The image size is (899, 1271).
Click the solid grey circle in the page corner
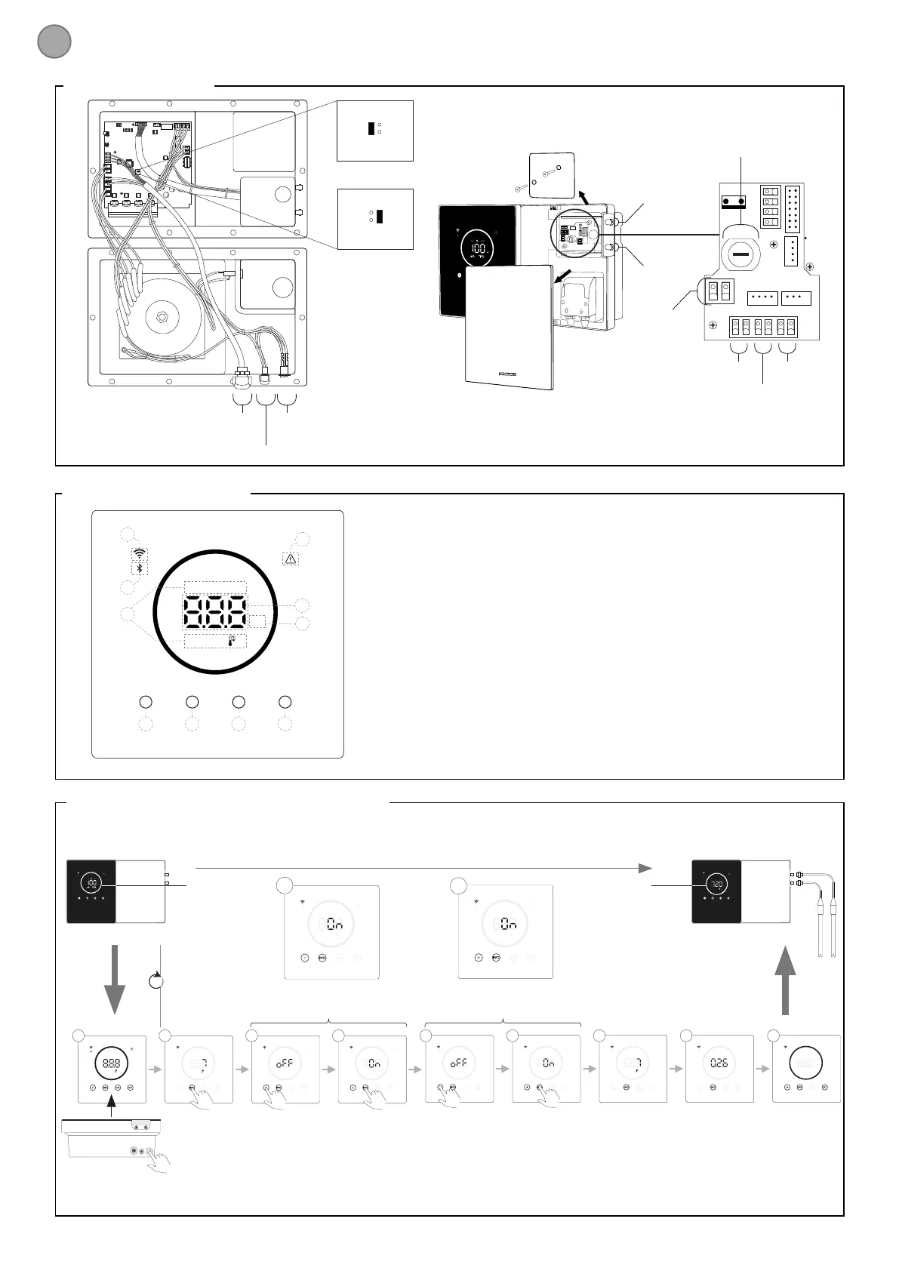tap(54, 42)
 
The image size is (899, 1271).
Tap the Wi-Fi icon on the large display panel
tap(139, 552)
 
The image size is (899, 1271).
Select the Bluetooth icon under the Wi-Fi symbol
tap(139, 568)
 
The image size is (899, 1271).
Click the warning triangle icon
tap(291, 559)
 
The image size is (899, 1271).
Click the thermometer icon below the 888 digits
tap(232, 642)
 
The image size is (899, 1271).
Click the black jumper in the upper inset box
tap(371, 128)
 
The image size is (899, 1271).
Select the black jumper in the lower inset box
tap(380, 216)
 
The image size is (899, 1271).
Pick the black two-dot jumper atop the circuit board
tap(734, 202)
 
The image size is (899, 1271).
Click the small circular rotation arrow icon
tap(156, 981)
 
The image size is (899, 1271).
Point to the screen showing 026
tap(719, 1063)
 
